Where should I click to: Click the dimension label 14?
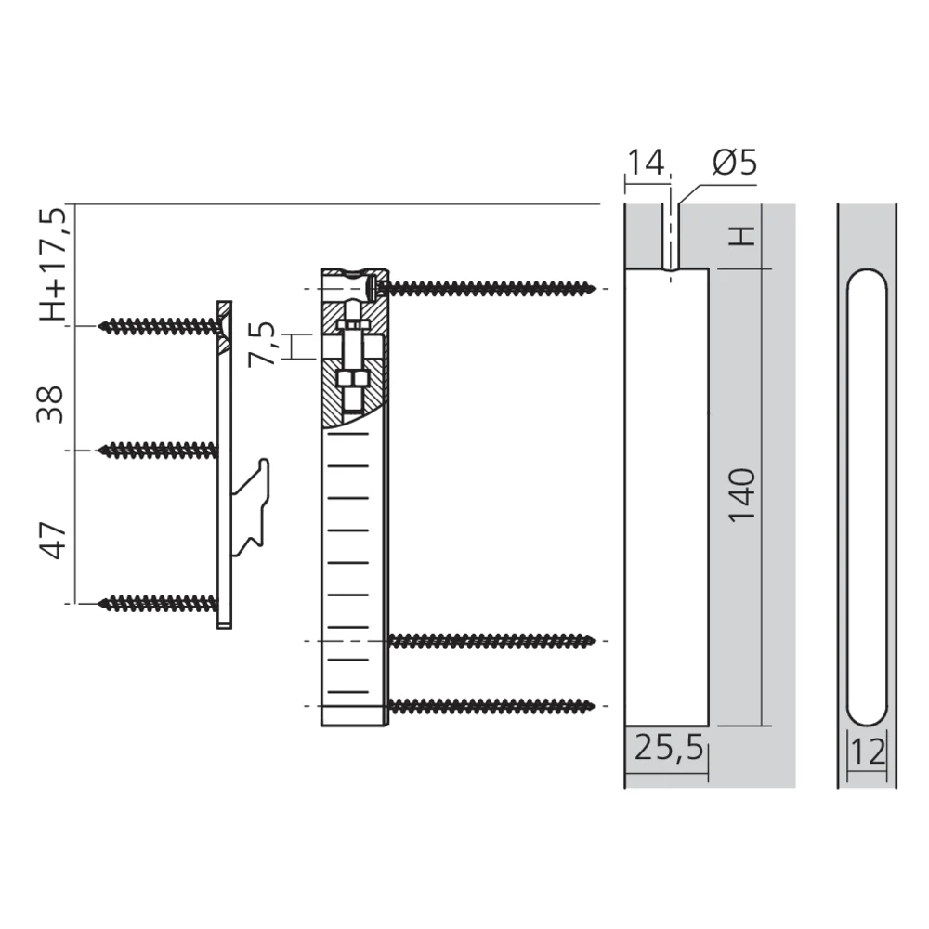[x=646, y=162]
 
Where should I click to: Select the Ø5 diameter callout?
[x=735, y=162]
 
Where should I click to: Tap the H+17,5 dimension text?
[x=53, y=264]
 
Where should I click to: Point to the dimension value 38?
[x=50, y=404]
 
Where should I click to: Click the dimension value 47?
[x=52, y=541]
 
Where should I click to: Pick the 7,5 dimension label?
[x=261, y=344]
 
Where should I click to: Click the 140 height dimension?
[x=741, y=495]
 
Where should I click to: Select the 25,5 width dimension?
[x=669, y=748]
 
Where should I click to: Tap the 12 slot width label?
[x=868, y=752]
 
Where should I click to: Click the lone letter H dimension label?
[x=741, y=236]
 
